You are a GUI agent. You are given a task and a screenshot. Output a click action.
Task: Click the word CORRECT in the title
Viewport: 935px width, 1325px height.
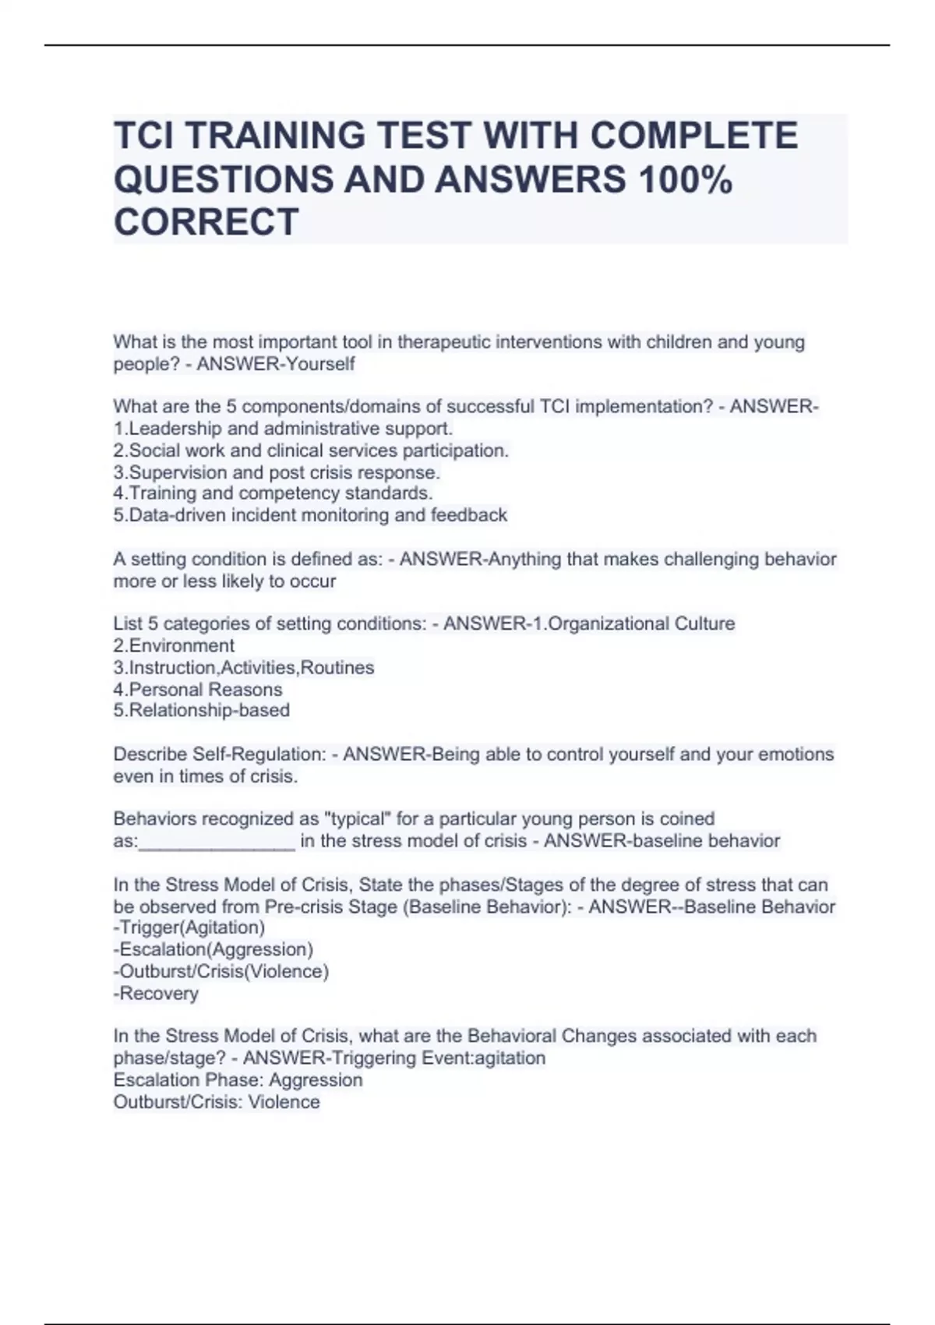tap(206, 221)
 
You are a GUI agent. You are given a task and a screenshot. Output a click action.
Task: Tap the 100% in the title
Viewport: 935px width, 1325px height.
tap(685, 179)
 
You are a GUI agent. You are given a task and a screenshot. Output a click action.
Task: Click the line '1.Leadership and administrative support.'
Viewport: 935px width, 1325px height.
tap(283, 429)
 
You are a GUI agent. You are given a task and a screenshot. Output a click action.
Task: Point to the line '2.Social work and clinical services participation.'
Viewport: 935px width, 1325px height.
tap(311, 450)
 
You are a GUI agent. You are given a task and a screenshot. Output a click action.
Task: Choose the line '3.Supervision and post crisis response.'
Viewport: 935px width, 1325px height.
tap(277, 472)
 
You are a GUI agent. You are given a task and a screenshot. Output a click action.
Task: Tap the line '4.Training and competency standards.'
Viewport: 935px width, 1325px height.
tap(273, 493)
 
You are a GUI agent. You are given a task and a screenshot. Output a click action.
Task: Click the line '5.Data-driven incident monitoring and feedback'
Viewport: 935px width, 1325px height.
tap(310, 515)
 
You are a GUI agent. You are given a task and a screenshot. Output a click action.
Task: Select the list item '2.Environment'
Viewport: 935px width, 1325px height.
tap(174, 646)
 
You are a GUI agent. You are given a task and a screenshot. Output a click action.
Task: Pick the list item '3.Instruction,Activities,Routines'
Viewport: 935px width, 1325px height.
tap(244, 668)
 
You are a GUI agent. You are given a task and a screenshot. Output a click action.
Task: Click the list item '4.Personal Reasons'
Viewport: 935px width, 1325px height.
tap(198, 690)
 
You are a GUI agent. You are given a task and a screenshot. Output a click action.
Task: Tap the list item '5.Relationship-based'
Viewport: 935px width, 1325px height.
tap(202, 711)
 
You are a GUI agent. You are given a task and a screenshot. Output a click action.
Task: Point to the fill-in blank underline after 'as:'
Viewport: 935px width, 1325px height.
tap(217, 845)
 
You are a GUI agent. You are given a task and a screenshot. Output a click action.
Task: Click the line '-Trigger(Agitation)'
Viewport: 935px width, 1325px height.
tap(189, 927)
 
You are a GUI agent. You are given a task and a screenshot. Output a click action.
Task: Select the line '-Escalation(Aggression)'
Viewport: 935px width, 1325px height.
tap(213, 949)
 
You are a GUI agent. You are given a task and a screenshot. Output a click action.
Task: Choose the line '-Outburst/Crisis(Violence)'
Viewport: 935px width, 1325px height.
tap(221, 972)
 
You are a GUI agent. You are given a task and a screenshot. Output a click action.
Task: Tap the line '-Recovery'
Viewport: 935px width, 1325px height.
tap(156, 994)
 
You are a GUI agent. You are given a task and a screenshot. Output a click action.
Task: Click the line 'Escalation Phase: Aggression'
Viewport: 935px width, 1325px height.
tap(238, 1080)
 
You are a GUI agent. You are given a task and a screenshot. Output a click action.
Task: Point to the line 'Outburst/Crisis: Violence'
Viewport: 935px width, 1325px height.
tap(217, 1102)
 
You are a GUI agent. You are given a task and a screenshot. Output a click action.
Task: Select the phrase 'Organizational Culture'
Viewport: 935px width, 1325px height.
tap(641, 624)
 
